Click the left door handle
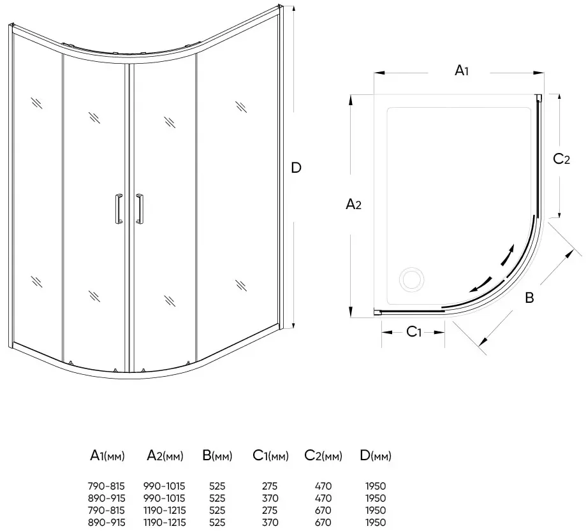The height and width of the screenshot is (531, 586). pos(119,209)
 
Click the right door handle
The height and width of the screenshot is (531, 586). pos(140,209)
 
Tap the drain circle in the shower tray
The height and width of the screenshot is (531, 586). pos(411,279)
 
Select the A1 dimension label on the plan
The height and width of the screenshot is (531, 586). pos(462,70)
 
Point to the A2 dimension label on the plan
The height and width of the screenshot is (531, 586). pos(353,204)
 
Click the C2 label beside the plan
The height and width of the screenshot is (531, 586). pos(561,159)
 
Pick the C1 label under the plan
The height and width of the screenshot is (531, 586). pos(413,331)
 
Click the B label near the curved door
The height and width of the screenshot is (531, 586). pos(529,298)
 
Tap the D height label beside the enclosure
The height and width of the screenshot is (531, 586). pos(296,168)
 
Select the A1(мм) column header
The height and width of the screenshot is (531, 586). pos(107,456)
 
